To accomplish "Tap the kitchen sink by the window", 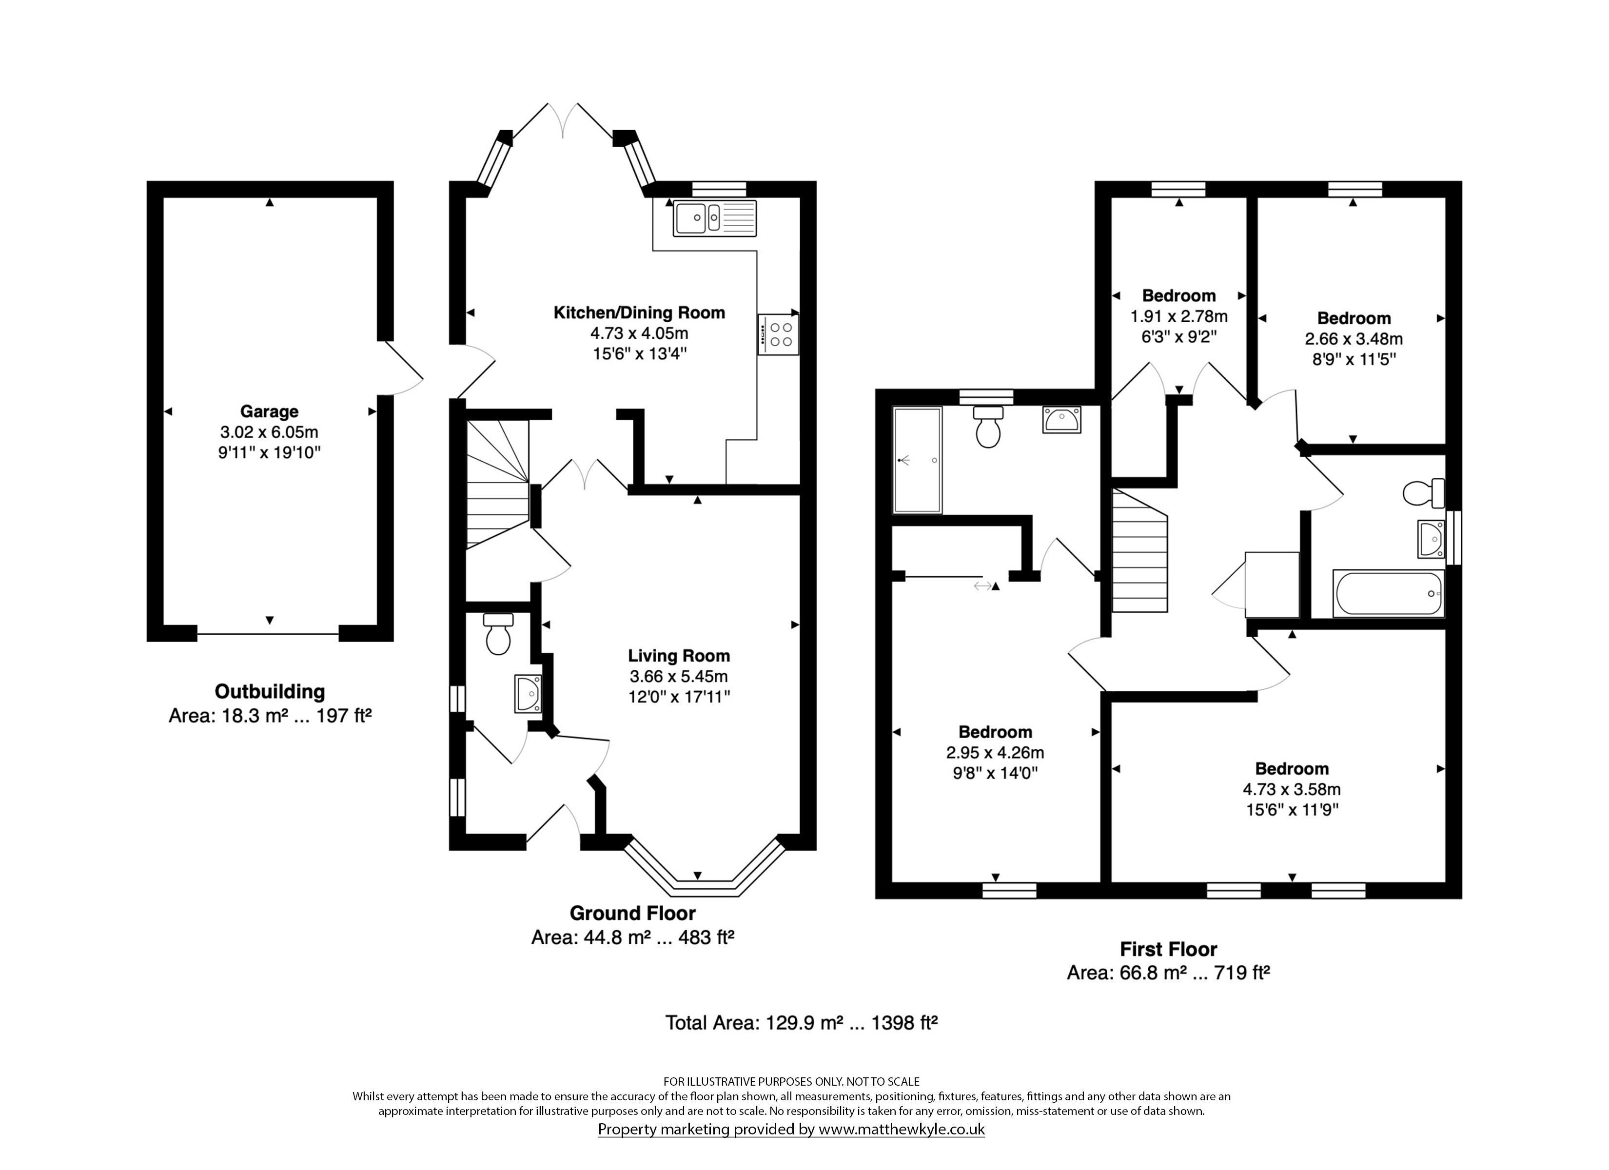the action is [715, 218].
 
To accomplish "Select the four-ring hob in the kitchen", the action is [778, 335].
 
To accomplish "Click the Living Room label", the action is [679, 656].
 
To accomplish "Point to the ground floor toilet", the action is [498, 634].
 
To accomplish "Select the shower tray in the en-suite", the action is [917, 460].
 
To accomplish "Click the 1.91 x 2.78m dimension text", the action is [1179, 316].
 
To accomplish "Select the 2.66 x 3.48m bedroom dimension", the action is [1354, 339].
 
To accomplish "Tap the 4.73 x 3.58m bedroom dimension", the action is [1292, 789].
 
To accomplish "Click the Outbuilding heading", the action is [270, 692].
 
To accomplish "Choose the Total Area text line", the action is [802, 1022].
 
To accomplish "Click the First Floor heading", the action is [1168, 949].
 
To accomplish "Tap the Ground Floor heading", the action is [633, 913].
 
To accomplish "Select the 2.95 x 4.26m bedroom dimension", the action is [995, 752].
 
